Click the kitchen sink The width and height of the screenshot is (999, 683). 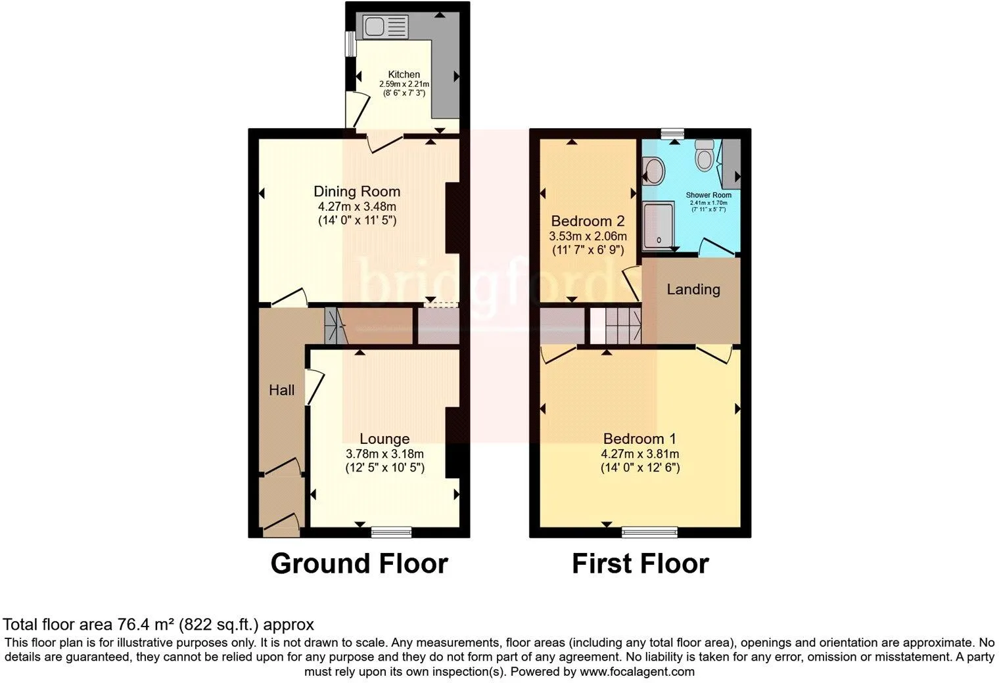385,27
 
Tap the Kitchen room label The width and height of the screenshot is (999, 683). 404,74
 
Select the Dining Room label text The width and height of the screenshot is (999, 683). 357,192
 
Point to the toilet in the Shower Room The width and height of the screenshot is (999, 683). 705,154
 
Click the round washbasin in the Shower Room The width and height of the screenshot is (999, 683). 654,171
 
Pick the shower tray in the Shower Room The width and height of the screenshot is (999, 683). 659,226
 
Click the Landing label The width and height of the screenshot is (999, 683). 693,290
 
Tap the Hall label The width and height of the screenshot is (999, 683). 281,390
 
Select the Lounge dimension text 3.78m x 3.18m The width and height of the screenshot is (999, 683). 384,454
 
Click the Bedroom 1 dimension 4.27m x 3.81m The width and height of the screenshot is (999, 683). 640,454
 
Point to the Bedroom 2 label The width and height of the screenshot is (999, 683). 588,221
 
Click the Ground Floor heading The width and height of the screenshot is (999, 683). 359,563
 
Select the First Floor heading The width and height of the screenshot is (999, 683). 640,563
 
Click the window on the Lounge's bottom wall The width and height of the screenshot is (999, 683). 392,531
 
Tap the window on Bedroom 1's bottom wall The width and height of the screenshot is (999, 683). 650,531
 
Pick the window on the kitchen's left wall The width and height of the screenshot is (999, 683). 351,43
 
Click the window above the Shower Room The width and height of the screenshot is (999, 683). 672,133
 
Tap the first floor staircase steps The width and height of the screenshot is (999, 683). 623,326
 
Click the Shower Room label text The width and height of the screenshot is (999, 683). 709,195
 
